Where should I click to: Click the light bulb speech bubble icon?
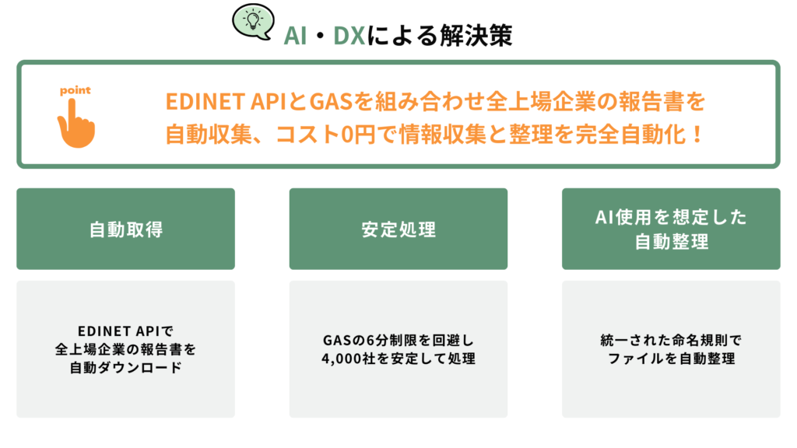pos(253,21)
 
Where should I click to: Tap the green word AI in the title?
pos(295,36)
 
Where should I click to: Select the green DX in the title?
pos(349,36)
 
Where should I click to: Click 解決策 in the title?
pos(476,36)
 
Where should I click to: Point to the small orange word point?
pos(75,90)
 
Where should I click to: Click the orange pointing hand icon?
pos(75,124)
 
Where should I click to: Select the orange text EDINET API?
pos(226,102)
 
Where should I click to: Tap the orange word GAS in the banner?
pos(331,102)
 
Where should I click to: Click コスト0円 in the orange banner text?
pos(325,135)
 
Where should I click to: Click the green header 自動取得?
pos(126,229)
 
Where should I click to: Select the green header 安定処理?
pos(398,229)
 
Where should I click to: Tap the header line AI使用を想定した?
pos(671,218)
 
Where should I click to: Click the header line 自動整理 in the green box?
pos(671,242)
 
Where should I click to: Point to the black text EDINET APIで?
pos(125,331)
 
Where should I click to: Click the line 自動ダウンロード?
pos(125,367)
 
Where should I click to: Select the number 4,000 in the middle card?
pos(341,359)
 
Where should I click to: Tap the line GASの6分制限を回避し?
pos(398,341)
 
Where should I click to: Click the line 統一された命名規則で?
pos(671,341)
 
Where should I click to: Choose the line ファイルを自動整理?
pos(671,359)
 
